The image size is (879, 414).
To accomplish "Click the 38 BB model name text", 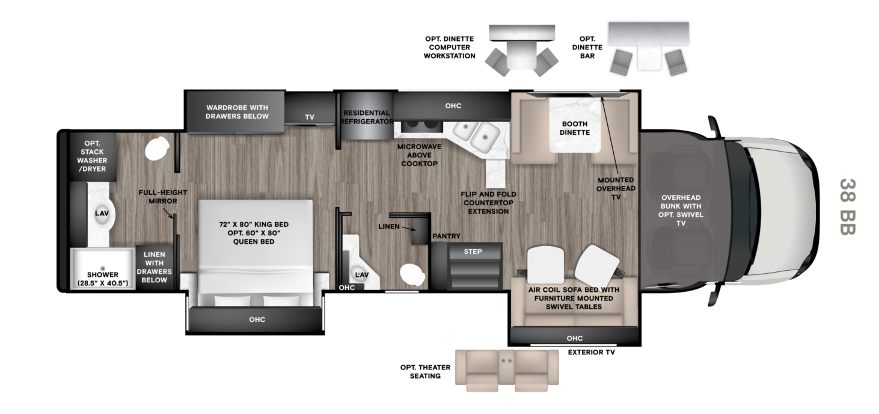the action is coord(847,207).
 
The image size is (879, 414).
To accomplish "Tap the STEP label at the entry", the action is coord(473,252).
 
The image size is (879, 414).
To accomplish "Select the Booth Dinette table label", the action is coord(575,128).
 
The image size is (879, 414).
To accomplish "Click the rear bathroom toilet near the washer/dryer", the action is coord(156,149).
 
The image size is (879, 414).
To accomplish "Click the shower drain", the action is coord(103,268).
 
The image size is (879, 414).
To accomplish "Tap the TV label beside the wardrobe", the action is coord(310,117).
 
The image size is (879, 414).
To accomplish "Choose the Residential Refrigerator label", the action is coord(367,117).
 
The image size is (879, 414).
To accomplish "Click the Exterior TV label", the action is coord(592,353).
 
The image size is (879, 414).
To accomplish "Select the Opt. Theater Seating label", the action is coord(426,372).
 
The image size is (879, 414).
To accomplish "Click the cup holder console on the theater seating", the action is coord(507,360).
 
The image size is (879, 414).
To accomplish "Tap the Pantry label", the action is coord(446,236).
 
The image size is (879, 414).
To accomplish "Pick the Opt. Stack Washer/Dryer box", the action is coord(93,156).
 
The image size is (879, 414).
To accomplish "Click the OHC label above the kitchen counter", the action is coord(453,106).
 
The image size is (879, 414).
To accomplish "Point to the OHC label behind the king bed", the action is coord(257,320).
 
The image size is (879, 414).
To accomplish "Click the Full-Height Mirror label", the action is coord(163,197).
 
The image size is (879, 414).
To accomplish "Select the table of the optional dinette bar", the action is coord(649,57).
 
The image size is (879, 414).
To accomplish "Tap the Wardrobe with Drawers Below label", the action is coord(237,112).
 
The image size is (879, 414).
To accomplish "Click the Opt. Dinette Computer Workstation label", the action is coord(449,48).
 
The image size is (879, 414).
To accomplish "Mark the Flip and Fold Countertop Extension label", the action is coord(488,203).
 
